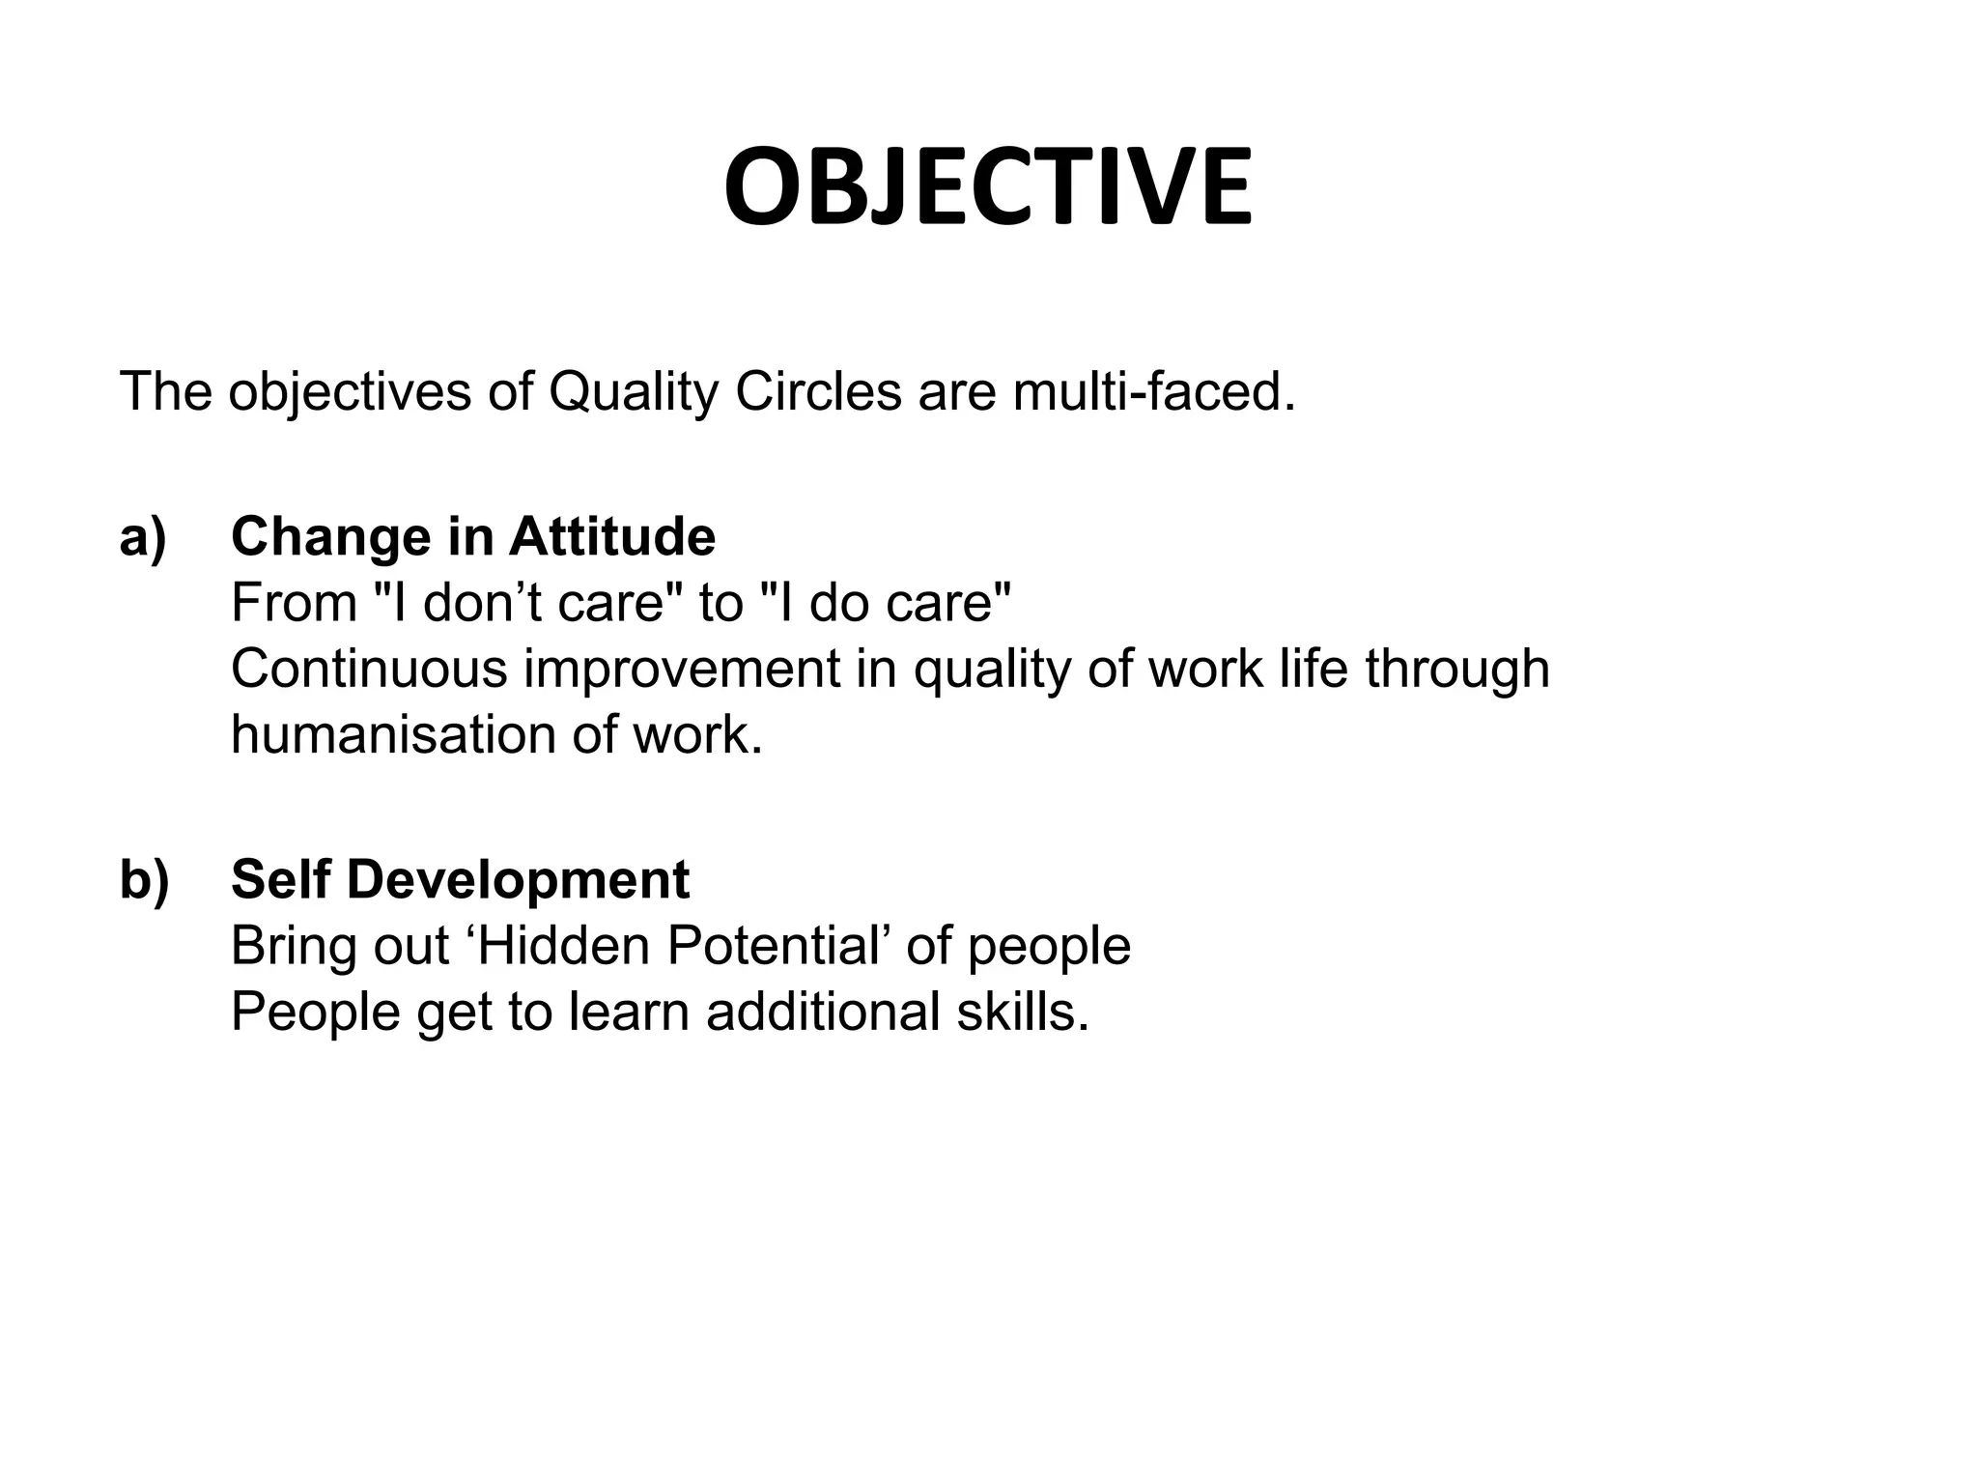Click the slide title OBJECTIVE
[x=988, y=187]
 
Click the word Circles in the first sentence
[x=818, y=392]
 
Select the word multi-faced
[x=1153, y=392]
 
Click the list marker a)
[x=143, y=537]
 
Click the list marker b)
[x=144, y=880]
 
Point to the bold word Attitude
[x=612, y=537]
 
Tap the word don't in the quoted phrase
[x=481, y=603]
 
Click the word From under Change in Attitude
[x=294, y=603]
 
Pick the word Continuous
[x=369, y=669]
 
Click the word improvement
[x=682, y=669]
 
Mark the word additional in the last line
[x=823, y=1013]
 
